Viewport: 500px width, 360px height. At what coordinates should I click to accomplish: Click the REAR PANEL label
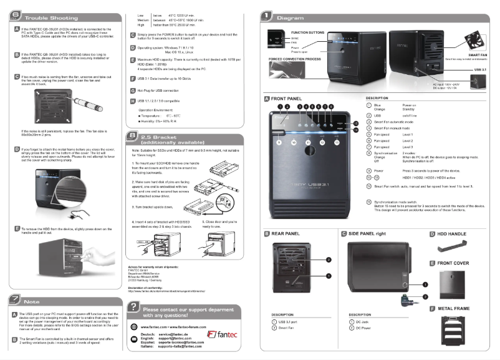tap(286, 233)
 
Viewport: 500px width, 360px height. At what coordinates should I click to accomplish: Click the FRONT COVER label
tap(453, 263)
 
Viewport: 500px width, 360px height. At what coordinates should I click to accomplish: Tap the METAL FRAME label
tap(453, 309)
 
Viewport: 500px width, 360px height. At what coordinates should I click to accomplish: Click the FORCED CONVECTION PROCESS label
tap(296, 58)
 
